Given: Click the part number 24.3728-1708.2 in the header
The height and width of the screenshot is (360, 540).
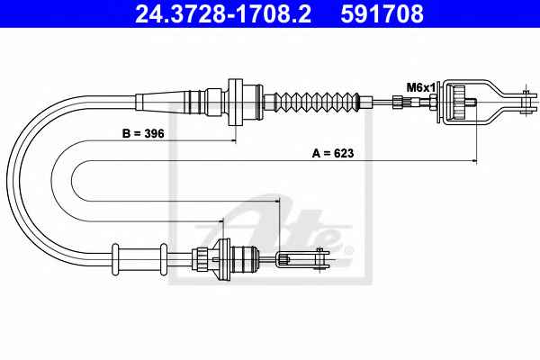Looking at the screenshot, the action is click(x=223, y=13).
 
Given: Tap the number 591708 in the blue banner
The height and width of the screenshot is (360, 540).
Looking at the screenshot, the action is click(x=382, y=13).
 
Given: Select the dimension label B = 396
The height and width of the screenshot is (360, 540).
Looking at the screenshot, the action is click(x=143, y=133).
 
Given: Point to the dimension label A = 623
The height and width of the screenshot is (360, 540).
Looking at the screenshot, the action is click(x=333, y=153).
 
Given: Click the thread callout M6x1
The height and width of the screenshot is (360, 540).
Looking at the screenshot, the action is click(x=421, y=87).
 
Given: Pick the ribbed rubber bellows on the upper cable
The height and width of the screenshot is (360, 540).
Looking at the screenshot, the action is click(x=316, y=102).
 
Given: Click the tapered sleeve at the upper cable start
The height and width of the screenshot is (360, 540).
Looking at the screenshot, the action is click(x=163, y=102).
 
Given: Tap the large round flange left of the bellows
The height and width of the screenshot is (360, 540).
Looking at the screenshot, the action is click(x=236, y=103).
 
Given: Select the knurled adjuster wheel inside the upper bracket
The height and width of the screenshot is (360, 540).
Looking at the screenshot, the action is click(x=459, y=102).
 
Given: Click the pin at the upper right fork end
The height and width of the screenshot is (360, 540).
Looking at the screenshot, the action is click(x=526, y=102).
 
